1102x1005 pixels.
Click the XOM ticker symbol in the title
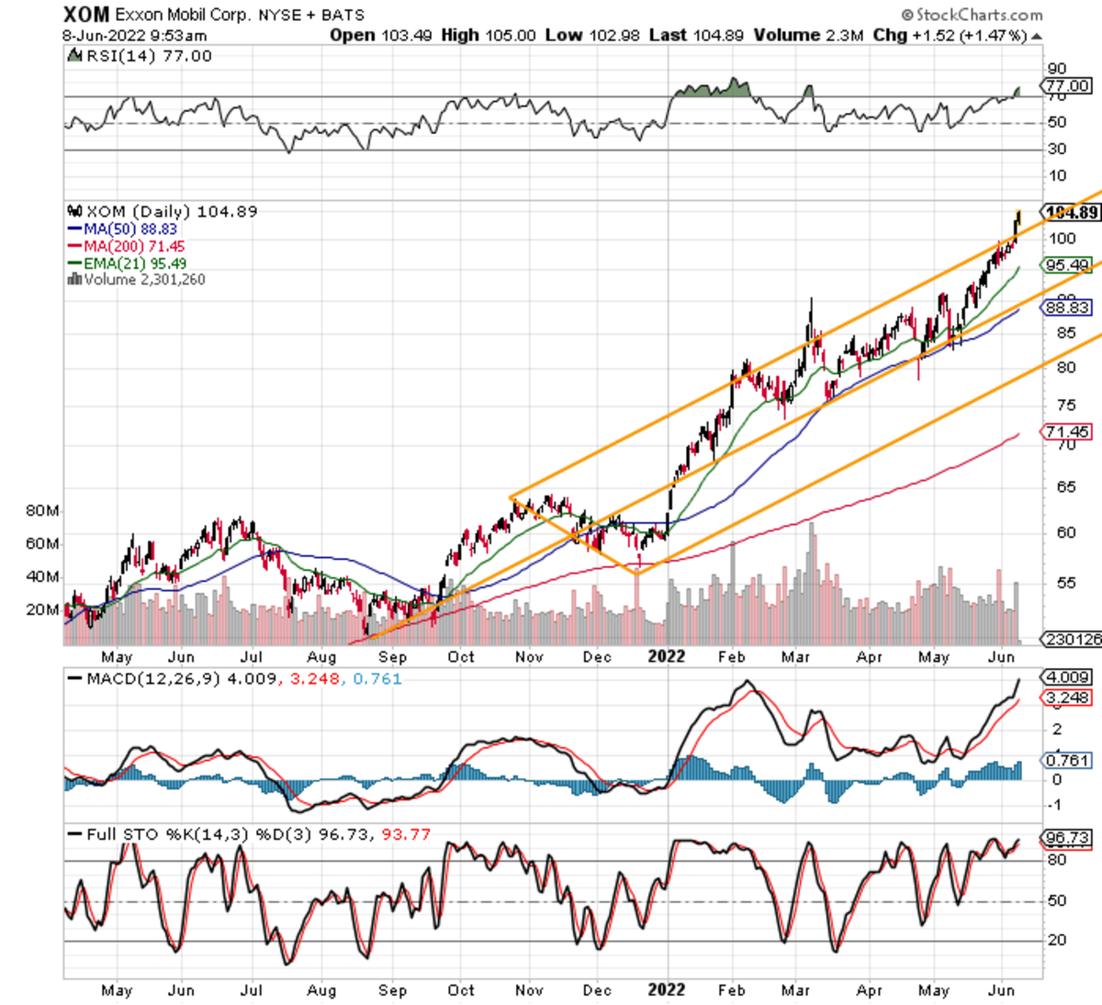point(86,14)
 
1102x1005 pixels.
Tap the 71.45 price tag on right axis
point(1068,431)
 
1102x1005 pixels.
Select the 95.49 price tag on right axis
point(1068,265)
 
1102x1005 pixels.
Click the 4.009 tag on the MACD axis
point(1068,677)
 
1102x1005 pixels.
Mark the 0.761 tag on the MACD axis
point(1068,760)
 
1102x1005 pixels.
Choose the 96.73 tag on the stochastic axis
point(1068,838)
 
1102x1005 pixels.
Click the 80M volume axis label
point(42,510)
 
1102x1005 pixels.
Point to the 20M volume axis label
point(42,609)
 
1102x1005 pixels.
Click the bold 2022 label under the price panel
point(667,656)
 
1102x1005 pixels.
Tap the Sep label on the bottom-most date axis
point(392,990)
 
